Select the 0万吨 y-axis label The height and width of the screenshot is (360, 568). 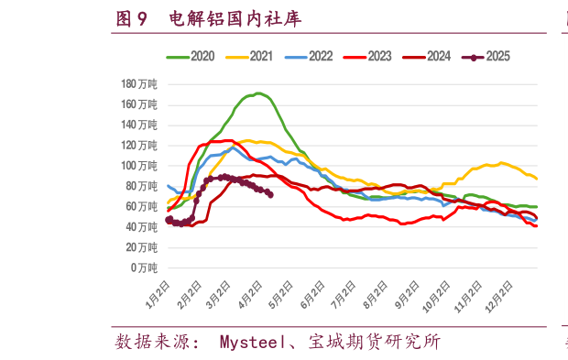tap(143, 267)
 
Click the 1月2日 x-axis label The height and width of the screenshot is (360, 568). tap(157, 297)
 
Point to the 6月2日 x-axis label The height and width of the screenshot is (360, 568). tap(312, 297)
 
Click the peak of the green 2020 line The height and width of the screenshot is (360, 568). tap(259, 93)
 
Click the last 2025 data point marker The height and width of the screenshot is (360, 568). tap(269, 194)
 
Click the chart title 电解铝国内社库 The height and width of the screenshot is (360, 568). tap(236, 18)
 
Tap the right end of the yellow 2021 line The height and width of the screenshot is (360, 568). tap(536, 179)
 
